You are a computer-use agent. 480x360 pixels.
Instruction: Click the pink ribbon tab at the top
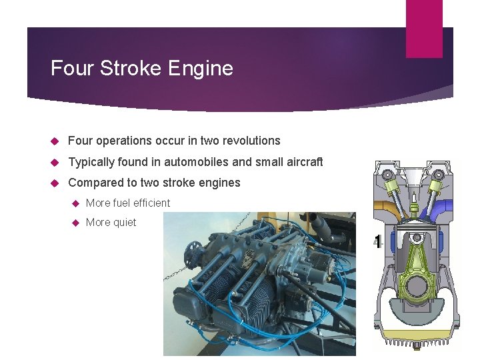click(424, 28)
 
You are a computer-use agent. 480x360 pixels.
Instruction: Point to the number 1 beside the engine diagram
click(378, 242)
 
